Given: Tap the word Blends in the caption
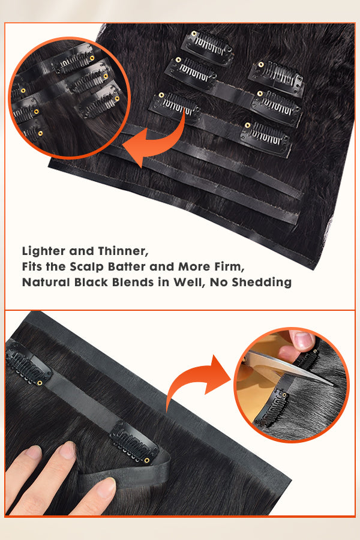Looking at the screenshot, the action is (x=133, y=283).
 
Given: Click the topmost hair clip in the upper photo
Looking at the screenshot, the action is (x=208, y=46).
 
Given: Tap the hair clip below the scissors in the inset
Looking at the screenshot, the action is (x=273, y=409).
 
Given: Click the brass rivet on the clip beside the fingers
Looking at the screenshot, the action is (x=147, y=460).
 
